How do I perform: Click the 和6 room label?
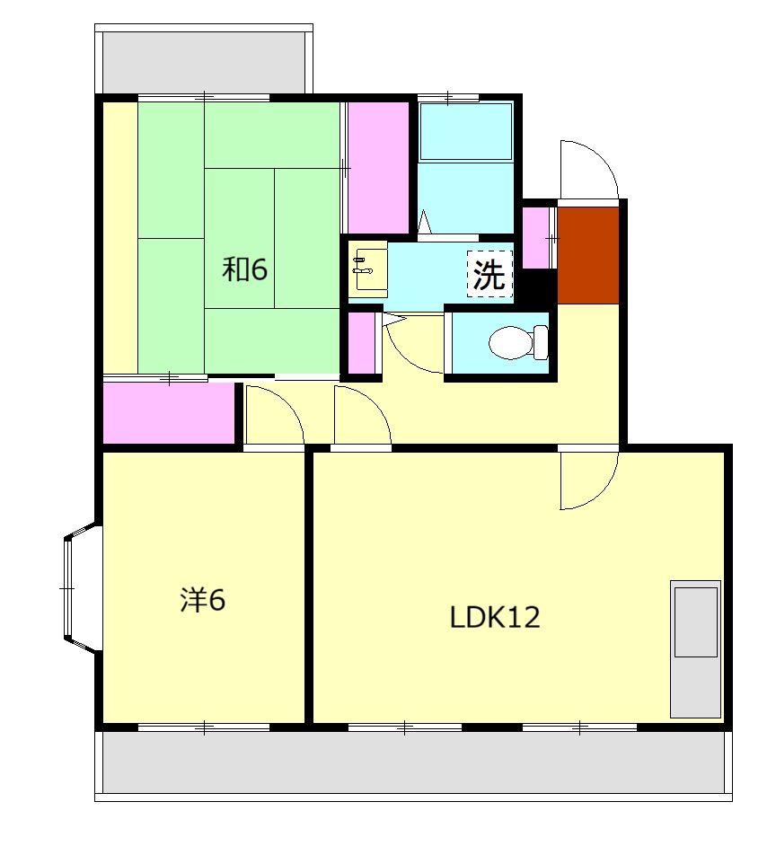[x=244, y=269]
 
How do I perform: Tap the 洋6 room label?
[x=202, y=599]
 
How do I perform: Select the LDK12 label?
[x=495, y=617]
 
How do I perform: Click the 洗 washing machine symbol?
[x=489, y=274]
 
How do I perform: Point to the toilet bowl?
[x=518, y=342]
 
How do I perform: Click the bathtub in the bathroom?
[x=466, y=131]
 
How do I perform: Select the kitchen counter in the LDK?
[x=695, y=649]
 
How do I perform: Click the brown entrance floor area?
[x=587, y=255]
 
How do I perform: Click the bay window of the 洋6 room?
[x=81, y=587]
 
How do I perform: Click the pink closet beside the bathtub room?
[x=378, y=168]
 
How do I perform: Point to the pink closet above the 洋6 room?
[x=169, y=412]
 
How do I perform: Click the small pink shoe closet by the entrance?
[x=536, y=238]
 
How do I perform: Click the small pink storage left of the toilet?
[x=362, y=342]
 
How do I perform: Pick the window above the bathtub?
[x=448, y=98]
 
